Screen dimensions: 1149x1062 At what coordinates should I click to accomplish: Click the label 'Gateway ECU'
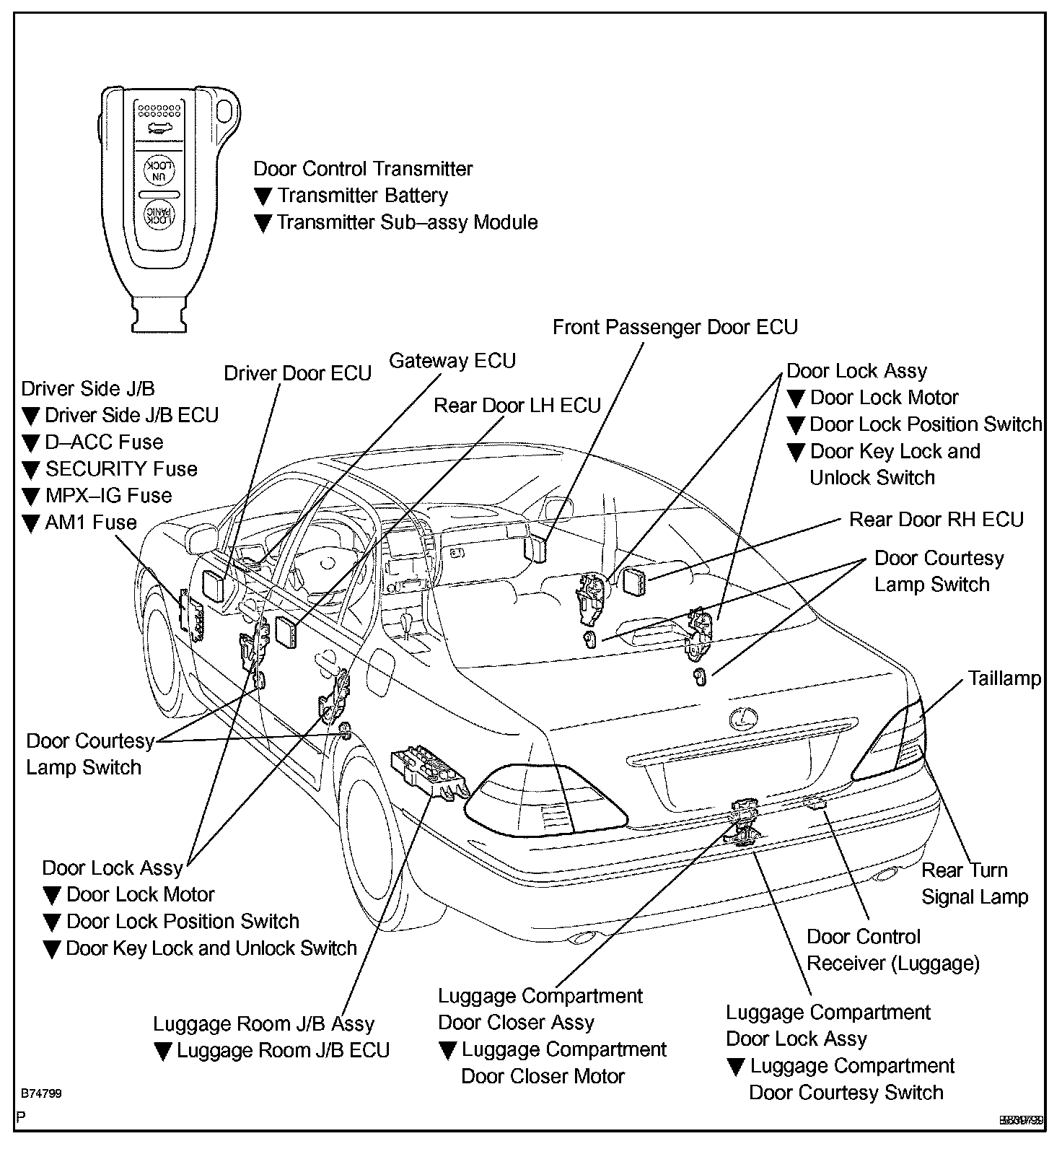[x=452, y=360]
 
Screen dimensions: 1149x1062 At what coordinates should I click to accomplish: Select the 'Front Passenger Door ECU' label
[x=675, y=327]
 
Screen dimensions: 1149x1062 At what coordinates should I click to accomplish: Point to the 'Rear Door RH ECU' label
[x=936, y=520]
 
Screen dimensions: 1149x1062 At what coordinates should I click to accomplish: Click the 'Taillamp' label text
[x=1004, y=678]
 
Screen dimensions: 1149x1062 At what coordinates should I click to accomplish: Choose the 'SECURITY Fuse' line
[x=120, y=469]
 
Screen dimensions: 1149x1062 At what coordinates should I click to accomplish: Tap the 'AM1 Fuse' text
[x=90, y=523]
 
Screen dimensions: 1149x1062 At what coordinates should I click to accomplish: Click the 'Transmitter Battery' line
[x=362, y=196]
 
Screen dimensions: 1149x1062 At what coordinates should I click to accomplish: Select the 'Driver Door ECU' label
[x=297, y=373]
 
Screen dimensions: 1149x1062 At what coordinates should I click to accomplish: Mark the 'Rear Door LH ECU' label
[x=517, y=406]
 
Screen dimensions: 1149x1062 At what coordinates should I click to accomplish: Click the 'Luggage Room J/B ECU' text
[x=283, y=1050]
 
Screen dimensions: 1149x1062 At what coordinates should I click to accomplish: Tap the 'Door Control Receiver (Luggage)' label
[x=892, y=950]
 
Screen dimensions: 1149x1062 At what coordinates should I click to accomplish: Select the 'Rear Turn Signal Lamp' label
[x=974, y=883]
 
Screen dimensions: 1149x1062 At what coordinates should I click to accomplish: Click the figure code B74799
[x=41, y=1093]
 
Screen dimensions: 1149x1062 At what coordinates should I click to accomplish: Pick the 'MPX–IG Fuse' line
[x=108, y=496]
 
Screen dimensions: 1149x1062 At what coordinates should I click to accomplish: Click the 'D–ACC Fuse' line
[x=104, y=442]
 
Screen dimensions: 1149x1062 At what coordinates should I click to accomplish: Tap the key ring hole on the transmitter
[x=225, y=110]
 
